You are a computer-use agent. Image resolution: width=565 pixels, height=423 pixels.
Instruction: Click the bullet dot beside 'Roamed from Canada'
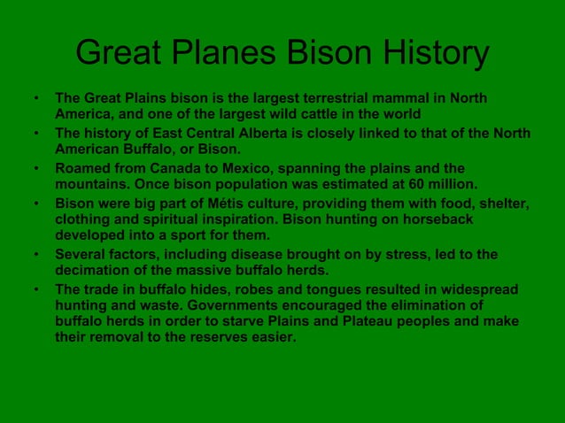[35, 168]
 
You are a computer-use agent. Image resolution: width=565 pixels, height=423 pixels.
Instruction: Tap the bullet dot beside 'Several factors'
[35, 255]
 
